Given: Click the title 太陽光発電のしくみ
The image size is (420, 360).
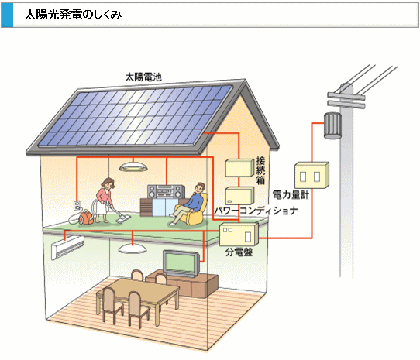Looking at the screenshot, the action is [73, 15].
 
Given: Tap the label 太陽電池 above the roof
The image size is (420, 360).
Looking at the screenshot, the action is [143, 77].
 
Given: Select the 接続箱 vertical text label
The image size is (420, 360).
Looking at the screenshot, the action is [260, 170].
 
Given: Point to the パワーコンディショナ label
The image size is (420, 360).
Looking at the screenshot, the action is [256, 211].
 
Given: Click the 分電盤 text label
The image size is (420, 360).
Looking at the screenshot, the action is [239, 252].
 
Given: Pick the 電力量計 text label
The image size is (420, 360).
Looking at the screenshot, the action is [291, 194].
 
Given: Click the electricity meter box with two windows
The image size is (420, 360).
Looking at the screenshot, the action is [312, 175].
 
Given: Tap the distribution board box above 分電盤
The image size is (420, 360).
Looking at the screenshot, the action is [239, 235].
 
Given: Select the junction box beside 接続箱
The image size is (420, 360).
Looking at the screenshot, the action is [239, 168].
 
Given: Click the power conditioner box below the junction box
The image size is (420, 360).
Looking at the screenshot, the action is [239, 196].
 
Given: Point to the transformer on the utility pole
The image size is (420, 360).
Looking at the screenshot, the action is [332, 125].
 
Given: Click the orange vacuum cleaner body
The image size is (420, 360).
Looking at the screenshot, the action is [86, 217].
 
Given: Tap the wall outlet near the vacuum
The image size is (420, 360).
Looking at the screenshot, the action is [77, 206].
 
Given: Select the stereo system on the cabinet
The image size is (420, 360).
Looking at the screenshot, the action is [166, 192].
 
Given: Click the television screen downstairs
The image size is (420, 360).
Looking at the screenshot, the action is [181, 263].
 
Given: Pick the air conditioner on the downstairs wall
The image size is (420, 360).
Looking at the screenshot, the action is [67, 247].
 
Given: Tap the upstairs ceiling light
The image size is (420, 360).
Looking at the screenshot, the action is [133, 166].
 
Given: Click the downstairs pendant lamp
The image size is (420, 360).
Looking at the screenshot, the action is [133, 249].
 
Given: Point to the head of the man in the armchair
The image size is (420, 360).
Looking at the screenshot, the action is [199, 188].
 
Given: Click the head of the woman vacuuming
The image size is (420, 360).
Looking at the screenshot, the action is [108, 183].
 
